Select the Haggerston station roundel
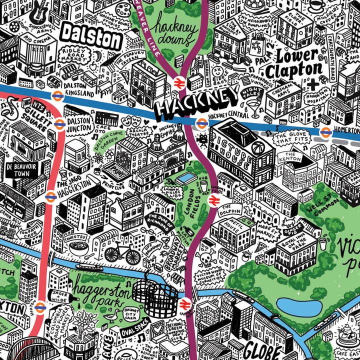50,197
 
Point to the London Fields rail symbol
213,200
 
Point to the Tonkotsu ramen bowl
78,247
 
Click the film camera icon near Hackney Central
202,139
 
